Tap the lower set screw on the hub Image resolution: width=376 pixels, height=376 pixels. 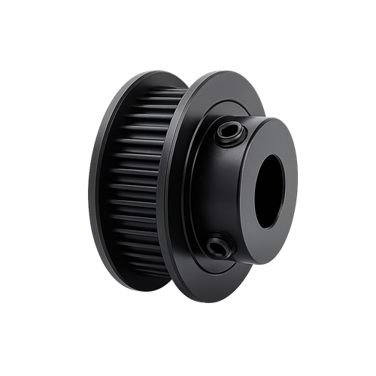click(219, 245)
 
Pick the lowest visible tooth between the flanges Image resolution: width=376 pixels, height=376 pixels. click(150, 280)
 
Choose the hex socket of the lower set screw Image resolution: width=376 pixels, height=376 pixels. click(219, 245)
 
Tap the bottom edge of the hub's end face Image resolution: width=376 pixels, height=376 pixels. click(263, 264)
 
